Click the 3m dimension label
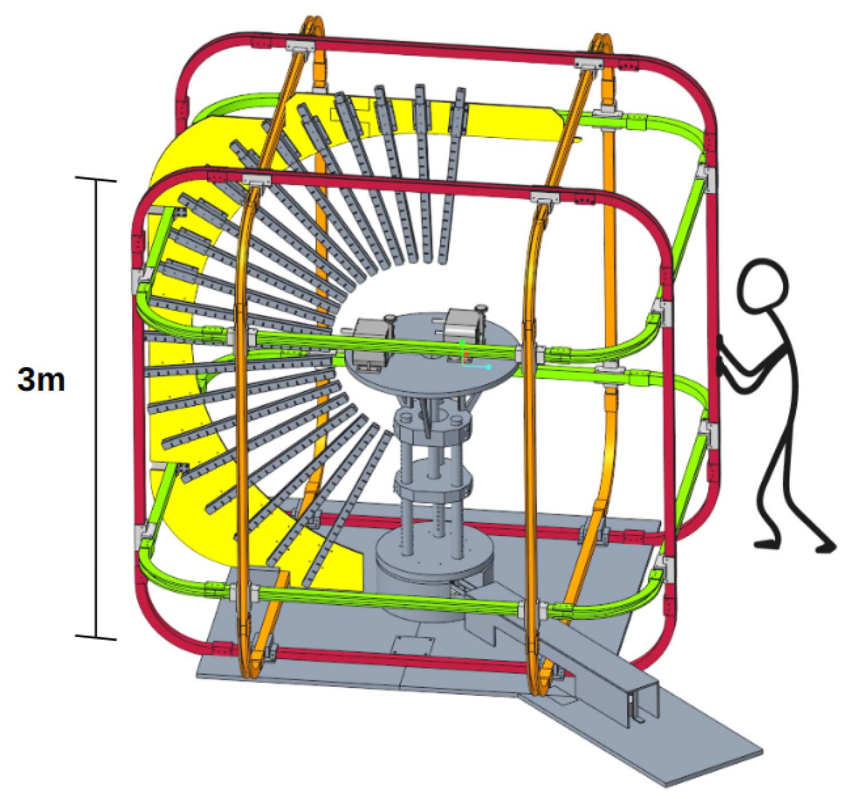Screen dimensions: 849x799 41,380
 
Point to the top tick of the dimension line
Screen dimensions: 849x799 96,179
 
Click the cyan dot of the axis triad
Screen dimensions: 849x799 489,367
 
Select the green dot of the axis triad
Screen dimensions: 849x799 462,342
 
